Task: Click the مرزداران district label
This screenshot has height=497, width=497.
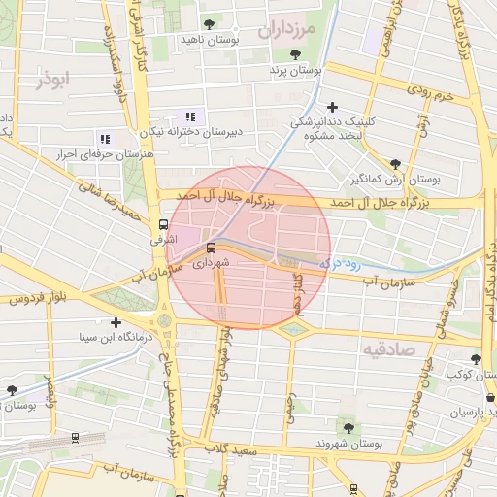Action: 288,30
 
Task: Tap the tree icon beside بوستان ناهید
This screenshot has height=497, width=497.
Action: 210,24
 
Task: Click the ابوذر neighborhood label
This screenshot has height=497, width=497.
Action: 55,79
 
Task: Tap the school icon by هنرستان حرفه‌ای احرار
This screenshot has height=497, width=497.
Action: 104,139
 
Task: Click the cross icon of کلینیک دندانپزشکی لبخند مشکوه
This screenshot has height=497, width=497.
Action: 333,107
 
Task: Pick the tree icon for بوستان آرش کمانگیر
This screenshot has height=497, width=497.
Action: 394,164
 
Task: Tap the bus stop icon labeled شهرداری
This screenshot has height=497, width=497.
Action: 212,248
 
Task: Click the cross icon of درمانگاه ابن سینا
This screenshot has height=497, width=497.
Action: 116,322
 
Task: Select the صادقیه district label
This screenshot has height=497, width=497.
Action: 388,348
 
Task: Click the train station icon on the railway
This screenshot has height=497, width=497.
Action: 76,439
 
